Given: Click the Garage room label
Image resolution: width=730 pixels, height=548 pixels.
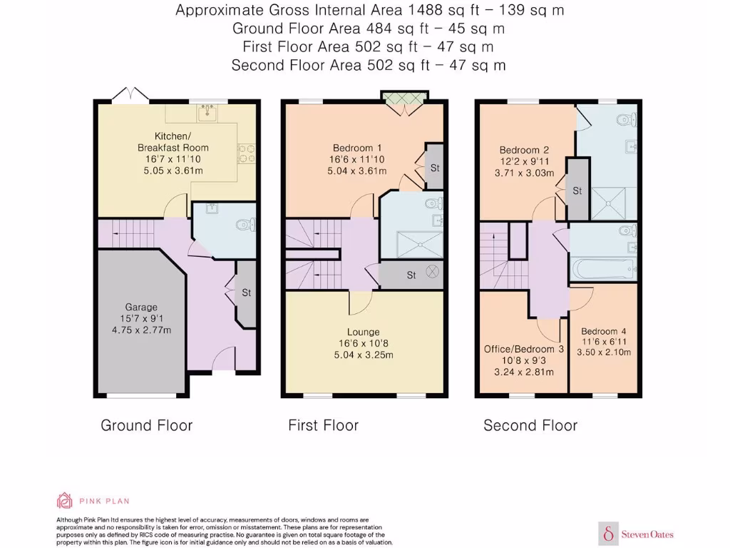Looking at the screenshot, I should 140,308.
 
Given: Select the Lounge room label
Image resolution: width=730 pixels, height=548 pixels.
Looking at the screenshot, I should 363,332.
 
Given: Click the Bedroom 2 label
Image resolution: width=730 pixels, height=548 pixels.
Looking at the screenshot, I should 524,150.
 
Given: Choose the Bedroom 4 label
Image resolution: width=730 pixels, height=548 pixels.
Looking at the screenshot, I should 604,332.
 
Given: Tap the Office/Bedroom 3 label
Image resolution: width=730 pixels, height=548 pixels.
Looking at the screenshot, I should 524,349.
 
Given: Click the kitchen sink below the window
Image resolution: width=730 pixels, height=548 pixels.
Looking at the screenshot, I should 209,112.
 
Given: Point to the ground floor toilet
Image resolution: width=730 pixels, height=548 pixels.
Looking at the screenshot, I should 245,225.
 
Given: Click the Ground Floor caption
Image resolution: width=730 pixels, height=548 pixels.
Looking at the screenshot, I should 146,426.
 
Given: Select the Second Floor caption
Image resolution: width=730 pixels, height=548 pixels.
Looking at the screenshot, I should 530,426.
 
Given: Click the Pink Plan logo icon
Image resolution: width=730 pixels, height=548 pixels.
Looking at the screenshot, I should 65,500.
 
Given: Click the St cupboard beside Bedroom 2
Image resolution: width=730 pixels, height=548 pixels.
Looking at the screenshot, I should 577,191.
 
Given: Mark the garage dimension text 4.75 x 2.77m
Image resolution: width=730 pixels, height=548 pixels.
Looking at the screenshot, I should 140,330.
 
